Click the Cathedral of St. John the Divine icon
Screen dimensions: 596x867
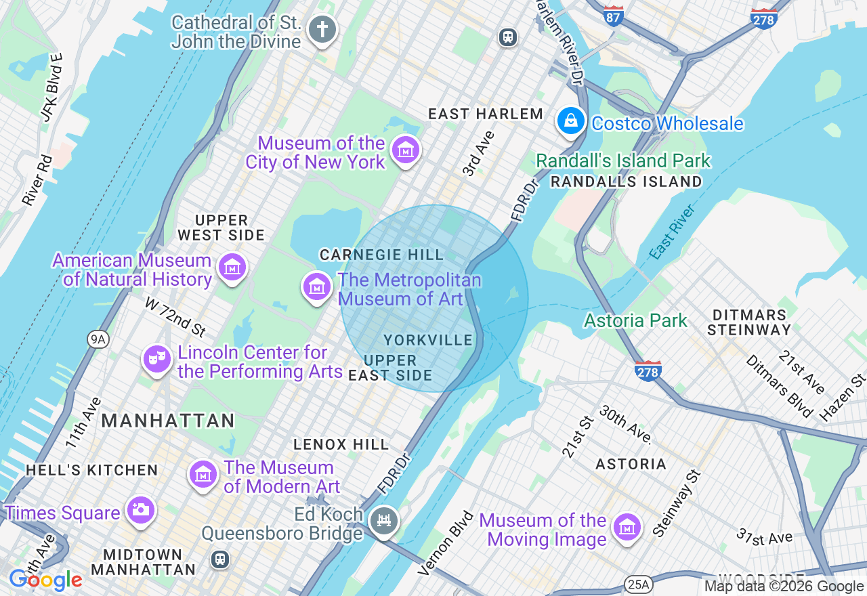point(322,30)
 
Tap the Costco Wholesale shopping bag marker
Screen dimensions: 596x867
point(571,122)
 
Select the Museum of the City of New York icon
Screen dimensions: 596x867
point(406,150)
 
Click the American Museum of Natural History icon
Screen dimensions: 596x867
point(232,268)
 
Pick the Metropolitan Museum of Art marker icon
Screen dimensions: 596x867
point(316,286)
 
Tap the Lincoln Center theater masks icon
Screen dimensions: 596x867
point(156,360)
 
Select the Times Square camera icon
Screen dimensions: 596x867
point(140,511)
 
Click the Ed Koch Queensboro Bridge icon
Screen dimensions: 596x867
point(384,521)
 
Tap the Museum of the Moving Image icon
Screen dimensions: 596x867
point(627,528)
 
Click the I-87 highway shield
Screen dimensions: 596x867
point(614,17)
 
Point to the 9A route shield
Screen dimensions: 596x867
point(98,339)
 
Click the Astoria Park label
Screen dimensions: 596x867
point(635,320)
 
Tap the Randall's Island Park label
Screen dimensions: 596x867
point(623,161)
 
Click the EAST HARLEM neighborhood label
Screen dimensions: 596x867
point(486,114)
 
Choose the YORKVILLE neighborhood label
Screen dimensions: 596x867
point(428,340)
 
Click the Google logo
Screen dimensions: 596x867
point(45,580)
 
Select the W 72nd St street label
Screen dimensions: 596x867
point(175,316)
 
